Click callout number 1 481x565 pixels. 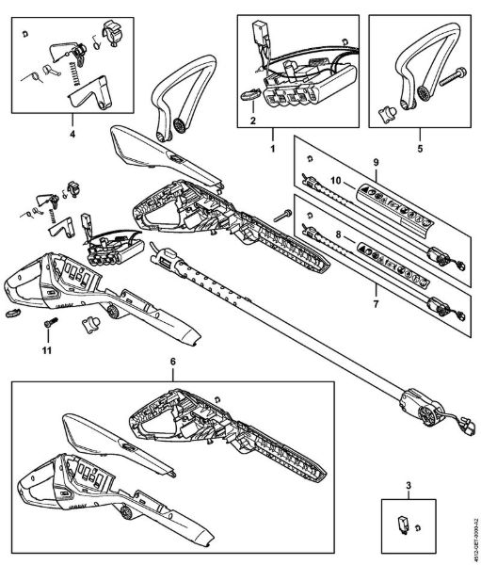coord(273,148)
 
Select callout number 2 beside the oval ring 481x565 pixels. coord(253,121)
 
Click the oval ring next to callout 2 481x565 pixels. coord(252,93)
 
